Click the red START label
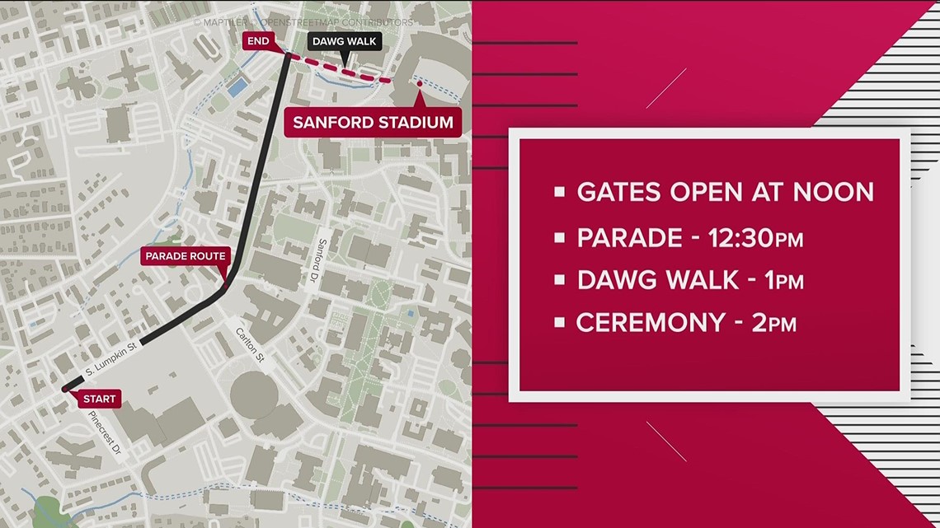(x=100, y=400)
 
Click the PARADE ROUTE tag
(x=186, y=255)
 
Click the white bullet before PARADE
(x=560, y=239)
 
